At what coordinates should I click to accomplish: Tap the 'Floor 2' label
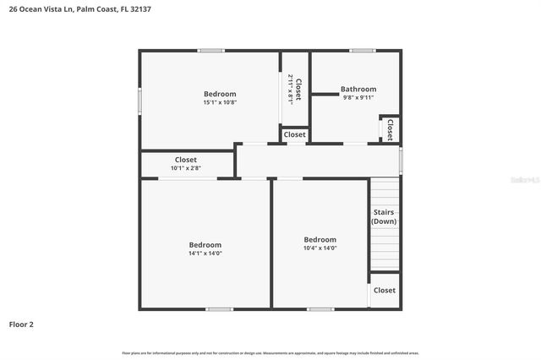click(22, 324)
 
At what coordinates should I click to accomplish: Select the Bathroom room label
click(358, 89)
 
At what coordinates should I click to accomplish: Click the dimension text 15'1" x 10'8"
click(220, 102)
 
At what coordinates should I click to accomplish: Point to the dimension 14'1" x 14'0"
click(205, 253)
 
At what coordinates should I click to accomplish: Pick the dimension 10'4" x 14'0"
click(320, 248)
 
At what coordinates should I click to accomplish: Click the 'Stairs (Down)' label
click(384, 216)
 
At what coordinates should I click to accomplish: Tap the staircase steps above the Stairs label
click(384, 191)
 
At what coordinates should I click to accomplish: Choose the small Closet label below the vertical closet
click(295, 134)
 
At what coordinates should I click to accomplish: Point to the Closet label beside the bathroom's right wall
click(390, 128)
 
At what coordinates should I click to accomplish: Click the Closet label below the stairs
click(385, 290)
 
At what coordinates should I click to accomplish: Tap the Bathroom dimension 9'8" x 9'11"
click(358, 97)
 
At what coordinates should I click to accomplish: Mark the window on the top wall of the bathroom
click(363, 51)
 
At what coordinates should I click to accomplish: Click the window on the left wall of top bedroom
click(140, 100)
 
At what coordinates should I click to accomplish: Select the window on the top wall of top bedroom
click(210, 51)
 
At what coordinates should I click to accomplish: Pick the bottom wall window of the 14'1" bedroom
click(219, 308)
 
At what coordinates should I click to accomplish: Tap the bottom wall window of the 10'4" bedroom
click(320, 308)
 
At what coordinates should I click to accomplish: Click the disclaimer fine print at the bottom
click(270, 352)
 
